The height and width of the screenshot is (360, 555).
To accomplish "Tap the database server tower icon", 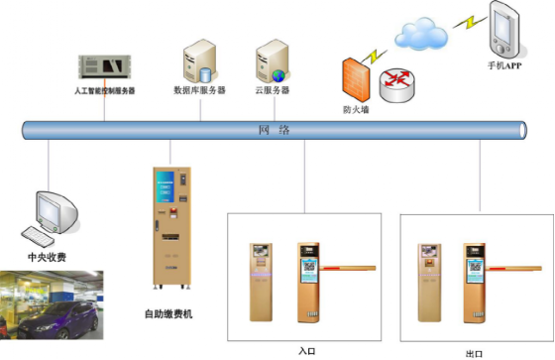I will pos(197,60).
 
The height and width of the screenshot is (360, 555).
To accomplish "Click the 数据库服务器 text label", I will pos(199,90).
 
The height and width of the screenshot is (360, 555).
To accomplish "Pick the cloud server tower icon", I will pos(271,60).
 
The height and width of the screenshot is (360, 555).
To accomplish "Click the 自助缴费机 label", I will pos(168,315).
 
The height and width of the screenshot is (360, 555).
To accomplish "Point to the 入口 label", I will pos(306,350).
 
